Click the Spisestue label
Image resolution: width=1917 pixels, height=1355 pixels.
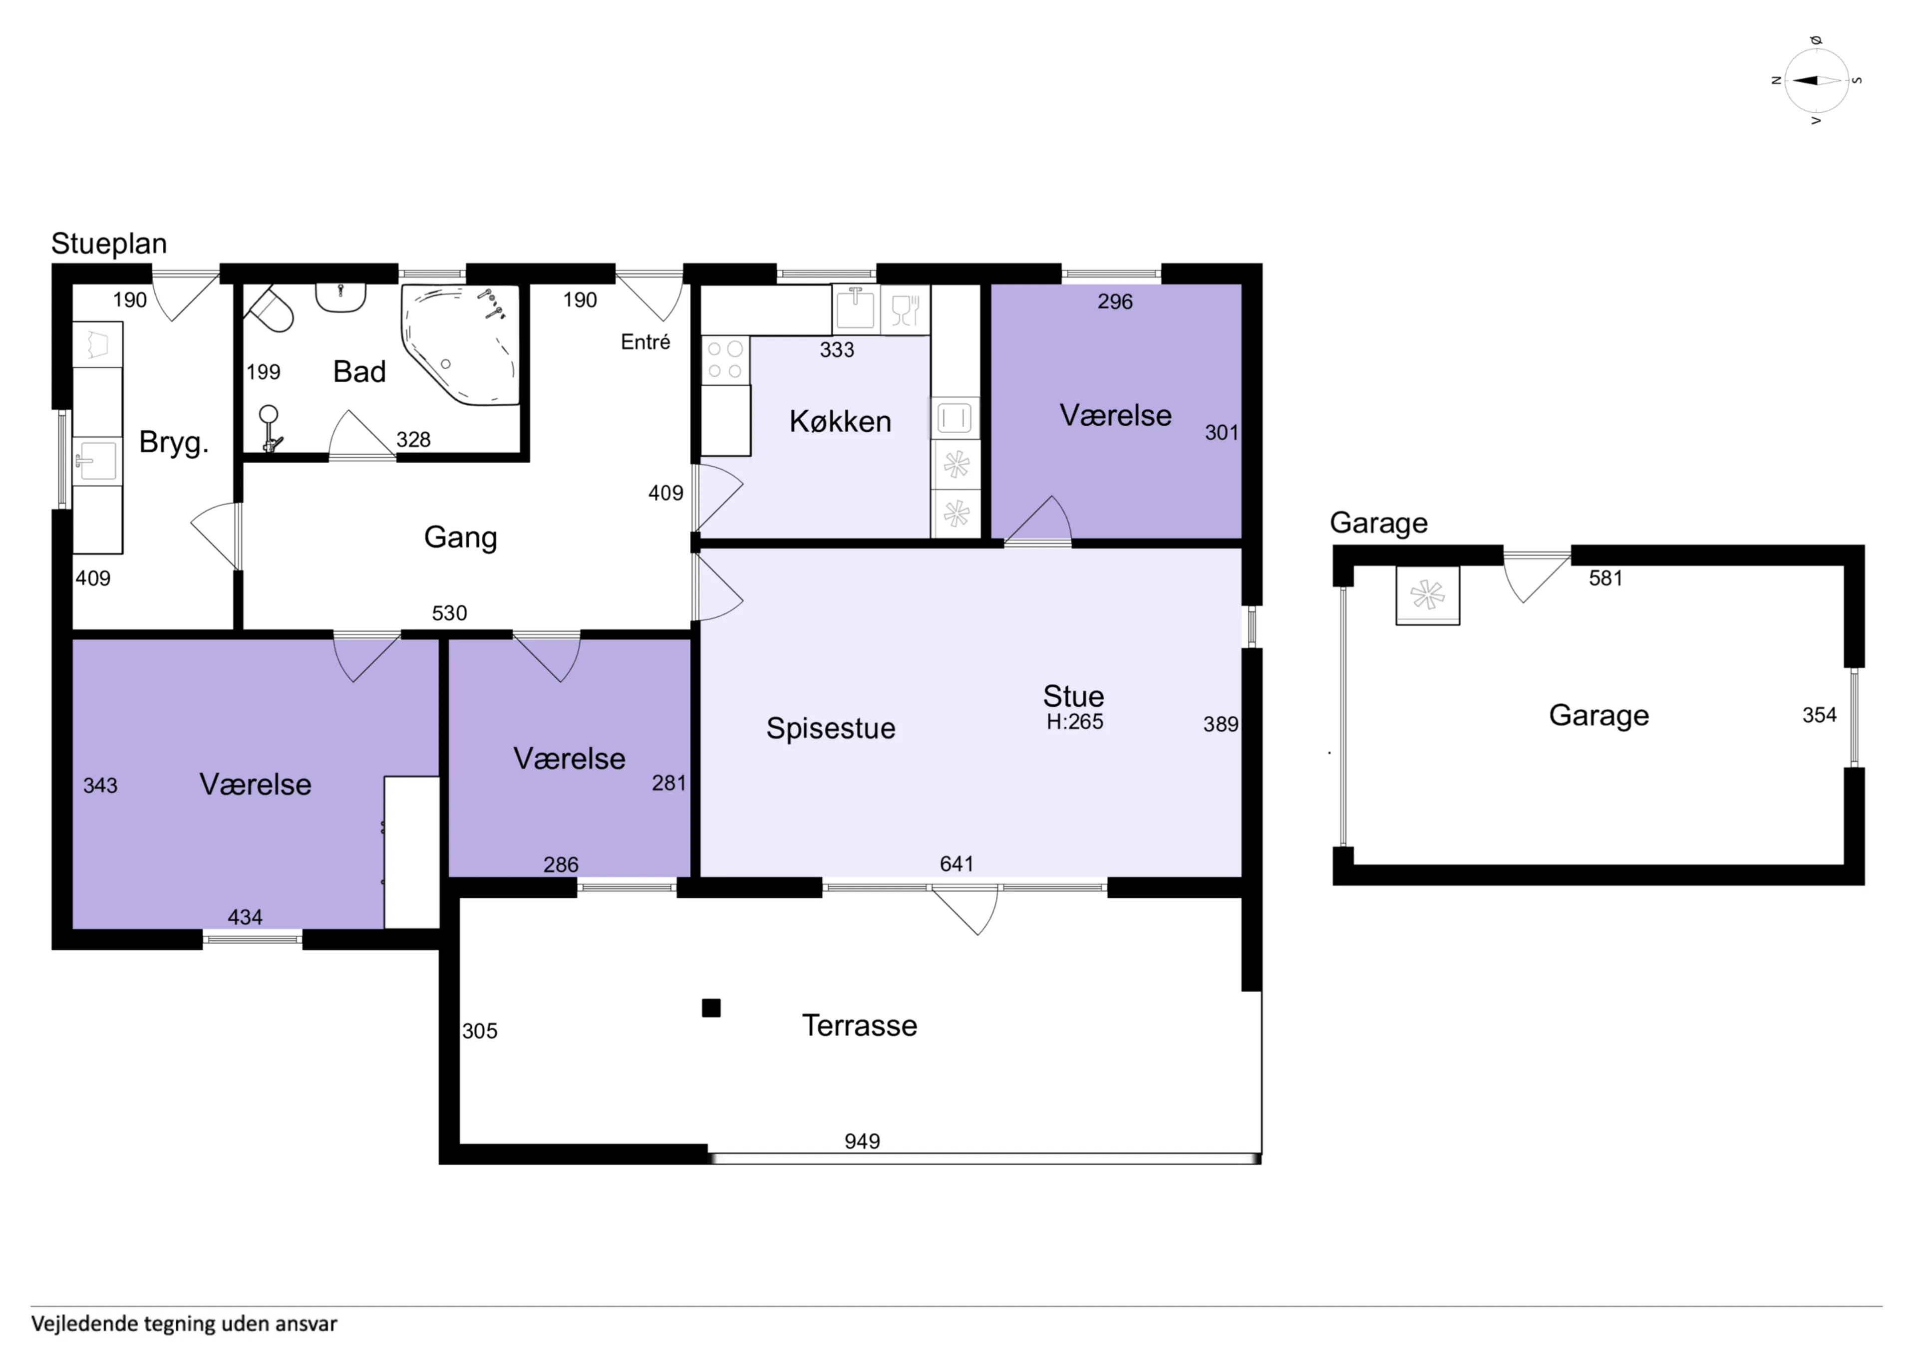pos(831,728)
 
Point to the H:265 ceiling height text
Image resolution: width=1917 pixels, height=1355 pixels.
pos(1074,721)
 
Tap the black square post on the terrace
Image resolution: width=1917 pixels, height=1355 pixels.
pos(711,1009)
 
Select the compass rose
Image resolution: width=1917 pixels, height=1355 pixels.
pos(1817,80)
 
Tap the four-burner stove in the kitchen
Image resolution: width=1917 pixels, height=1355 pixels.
pos(725,360)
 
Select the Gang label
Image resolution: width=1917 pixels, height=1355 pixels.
pos(460,537)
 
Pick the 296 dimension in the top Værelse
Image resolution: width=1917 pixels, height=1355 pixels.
pos(1115,301)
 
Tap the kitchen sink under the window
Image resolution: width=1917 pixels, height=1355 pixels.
pos(856,308)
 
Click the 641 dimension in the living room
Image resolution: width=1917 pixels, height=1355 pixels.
pos(957,864)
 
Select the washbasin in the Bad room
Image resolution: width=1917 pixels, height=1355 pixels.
pos(340,297)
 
